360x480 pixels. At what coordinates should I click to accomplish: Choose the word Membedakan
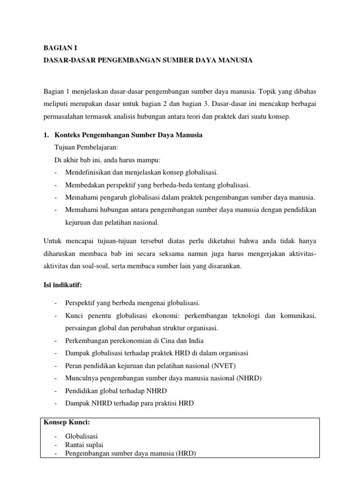coord(83,185)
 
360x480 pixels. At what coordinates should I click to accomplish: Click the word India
coord(195,340)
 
